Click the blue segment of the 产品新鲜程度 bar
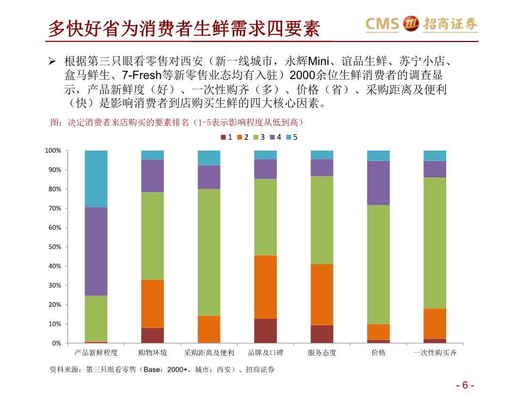pos(96,178)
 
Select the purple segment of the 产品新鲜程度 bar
pos(96,251)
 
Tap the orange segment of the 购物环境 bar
pos(153,303)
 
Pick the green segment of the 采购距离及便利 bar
pos(209,252)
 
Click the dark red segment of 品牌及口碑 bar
pos(265,331)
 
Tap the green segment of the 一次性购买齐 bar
pos(435,243)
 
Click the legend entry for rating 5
pos(292,138)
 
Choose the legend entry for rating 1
pos(227,138)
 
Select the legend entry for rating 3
pos(259,138)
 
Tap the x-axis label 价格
pos(379,353)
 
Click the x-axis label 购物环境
pos(153,353)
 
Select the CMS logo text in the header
pos(382,24)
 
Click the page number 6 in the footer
pos(465,385)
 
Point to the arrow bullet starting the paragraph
pos(53,59)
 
